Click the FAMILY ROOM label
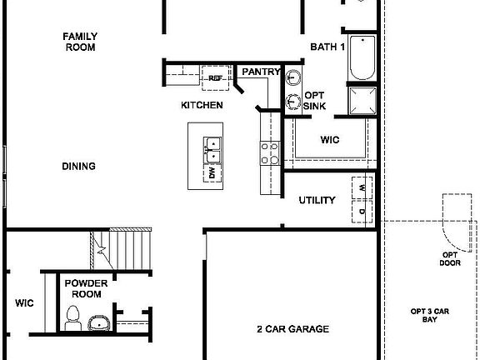(80, 42)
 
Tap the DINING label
(78, 166)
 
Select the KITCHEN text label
(202, 105)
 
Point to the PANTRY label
(261, 72)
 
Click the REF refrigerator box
(215, 78)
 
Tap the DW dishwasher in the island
(212, 173)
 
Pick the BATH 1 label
(327, 47)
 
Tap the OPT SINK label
(314, 101)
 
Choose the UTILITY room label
(317, 200)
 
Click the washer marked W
(362, 188)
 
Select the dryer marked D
(362, 211)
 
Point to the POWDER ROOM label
(86, 288)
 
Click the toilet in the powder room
(72, 317)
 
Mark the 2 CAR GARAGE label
(292, 329)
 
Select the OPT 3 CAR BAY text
(434, 316)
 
